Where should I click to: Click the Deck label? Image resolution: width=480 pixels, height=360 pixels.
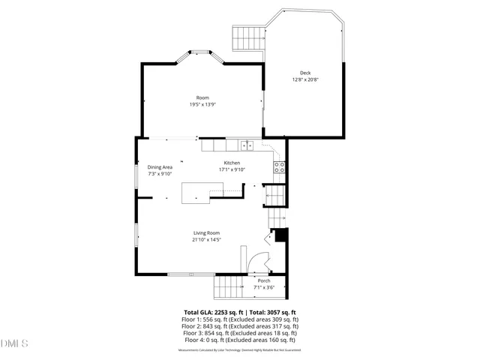(x=305, y=73)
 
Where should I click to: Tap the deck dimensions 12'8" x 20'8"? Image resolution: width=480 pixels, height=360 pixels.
(x=305, y=79)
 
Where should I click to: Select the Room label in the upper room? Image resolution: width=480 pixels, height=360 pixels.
(x=202, y=97)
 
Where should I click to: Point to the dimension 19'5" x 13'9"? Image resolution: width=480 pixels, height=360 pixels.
(x=202, y=105)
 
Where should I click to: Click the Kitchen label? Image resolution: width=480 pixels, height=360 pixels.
(x=232, y=163)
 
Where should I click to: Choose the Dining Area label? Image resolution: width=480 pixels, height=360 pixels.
(x=160, y=166)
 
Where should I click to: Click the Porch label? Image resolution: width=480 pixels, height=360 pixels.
(x=264, y=281)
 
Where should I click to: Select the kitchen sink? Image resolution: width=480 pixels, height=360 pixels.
(x=248, y=145)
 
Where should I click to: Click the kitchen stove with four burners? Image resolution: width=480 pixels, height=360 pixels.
(x=280, y=169)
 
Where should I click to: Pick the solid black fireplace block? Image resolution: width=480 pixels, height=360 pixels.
(x=281, y=235)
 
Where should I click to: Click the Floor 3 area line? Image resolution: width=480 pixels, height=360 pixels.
(x=240, y=333)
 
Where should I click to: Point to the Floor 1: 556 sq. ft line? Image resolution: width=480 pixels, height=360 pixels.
(x=240, y=319)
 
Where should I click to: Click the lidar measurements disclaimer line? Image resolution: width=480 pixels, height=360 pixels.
(x=240, y=349)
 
